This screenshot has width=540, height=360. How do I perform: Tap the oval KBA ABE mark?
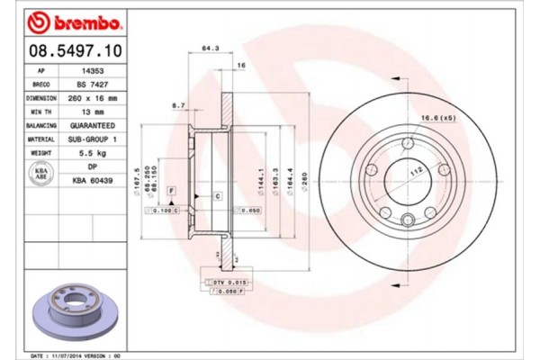click(40, 175)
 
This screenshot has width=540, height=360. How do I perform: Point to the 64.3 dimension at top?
click(206, 48)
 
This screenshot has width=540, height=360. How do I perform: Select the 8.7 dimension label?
click(179, 105)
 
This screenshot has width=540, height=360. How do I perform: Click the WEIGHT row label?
click(40, 155)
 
